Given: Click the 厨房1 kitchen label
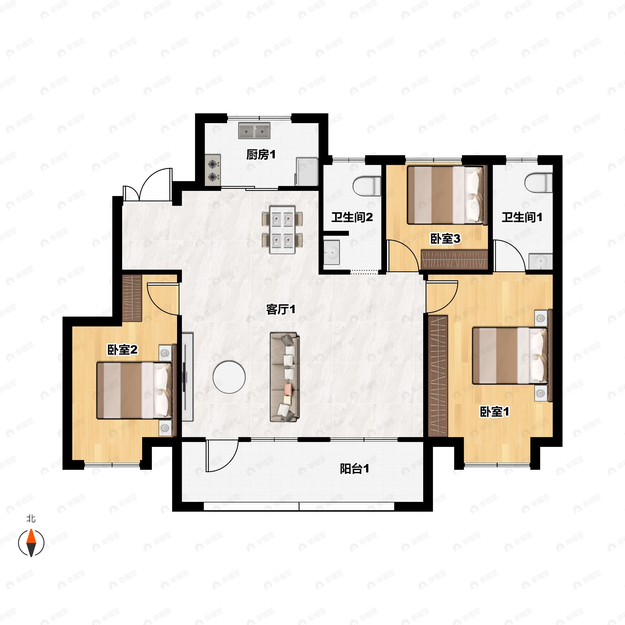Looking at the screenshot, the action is [261, 155].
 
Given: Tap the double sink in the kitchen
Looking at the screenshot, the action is [254, 130].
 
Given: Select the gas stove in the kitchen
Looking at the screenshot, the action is [213, 170].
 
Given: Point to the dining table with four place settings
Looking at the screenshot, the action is [282, 229].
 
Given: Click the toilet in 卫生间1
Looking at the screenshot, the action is [538, 183].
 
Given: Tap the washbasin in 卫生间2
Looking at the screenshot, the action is [331, 252].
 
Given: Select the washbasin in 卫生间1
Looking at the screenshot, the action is [541, 261].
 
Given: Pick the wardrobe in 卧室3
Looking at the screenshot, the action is [454, 260].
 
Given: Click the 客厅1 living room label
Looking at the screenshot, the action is [280, 310].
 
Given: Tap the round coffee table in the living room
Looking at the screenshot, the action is [229, 377].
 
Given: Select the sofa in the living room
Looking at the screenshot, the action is [285, 377].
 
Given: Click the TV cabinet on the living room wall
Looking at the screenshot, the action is [187, 377].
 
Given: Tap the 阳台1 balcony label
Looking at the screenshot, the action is [354, 469].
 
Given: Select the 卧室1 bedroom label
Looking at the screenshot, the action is [494, 412].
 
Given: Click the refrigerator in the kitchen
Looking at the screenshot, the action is [307, 171].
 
